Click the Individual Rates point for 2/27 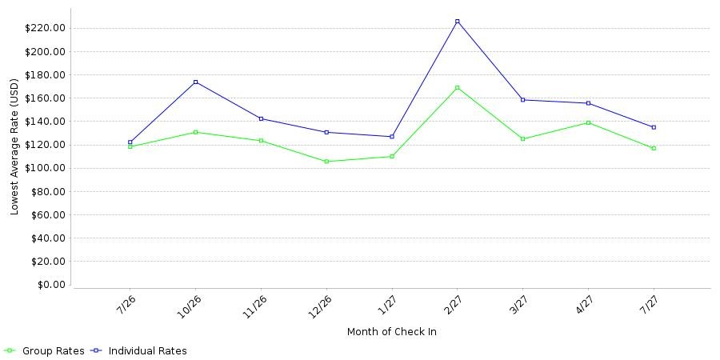click(x=458, y=21)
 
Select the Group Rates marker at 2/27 click(x=458, y=87)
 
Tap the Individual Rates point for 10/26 click(x=196, y=82)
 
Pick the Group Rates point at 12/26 click(x=326, y=161)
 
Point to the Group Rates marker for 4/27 click(x=588, y=122)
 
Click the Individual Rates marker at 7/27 click(x=654, y=127)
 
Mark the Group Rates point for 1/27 click(x=392, y=156)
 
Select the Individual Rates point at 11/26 click(x=262, y=118)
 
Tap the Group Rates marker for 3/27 click(x=522, y=138)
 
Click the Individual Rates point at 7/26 click(x=130, y=142)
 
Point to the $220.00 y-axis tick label click(x=45, y=29)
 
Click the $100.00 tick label click(x=45, y=168)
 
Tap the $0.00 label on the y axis click(x=50, y=285)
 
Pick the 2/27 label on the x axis click(x=453, y=303)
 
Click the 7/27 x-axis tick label click(x=649, y=303)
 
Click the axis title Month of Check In click(x=392, y=331)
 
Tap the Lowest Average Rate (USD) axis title click(x=14, y=147)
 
